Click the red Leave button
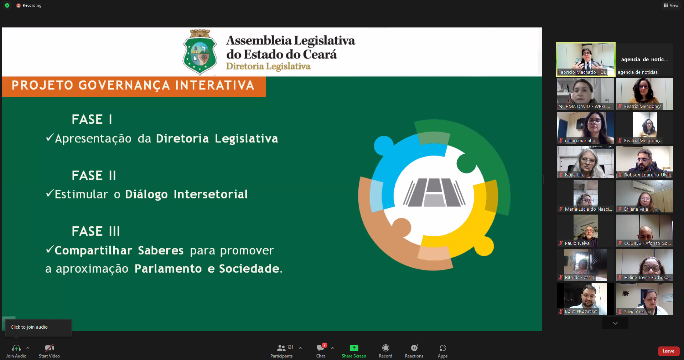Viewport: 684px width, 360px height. click(x=668, y=351)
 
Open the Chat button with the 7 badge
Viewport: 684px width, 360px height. click(x=321, y=348)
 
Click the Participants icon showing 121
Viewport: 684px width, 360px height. click(x=281, y=348)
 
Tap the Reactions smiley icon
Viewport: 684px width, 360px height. click(x=414, y=348)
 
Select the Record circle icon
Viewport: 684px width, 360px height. click(x=385, y=348)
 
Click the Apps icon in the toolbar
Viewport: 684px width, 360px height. click(x=442, y=348)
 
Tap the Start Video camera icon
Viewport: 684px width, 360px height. click(x=50, y=348)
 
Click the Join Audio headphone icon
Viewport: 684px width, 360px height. click(x=16, y=348)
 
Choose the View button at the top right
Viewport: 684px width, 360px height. click(x=671, y=5)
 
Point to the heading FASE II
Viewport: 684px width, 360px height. click(x=94, y=175)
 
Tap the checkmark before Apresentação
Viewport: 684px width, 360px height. click(x=50, y=138)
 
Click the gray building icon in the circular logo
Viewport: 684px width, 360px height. click(x=434, y=192)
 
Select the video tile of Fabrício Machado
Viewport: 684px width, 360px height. click(x=586, y=59)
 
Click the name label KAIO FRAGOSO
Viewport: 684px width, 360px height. click(x=581, y=312)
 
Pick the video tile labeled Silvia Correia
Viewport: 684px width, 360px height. click(x=645, y=299)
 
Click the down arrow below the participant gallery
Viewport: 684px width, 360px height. click(x=615, y=323)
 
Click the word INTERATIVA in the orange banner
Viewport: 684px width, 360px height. click(x=215, y=86)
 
